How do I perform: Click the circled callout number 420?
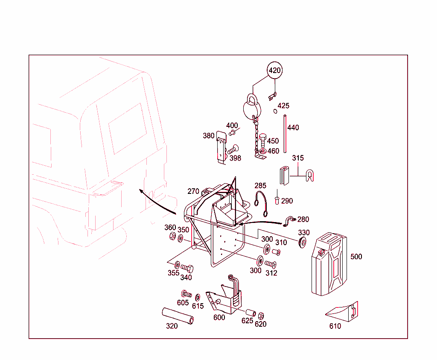tap(275, 70)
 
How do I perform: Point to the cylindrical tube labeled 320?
tap(178, 316)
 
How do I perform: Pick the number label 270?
tap(193, 191)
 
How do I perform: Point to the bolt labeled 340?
tap(187, 268)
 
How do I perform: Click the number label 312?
tap(271, 273)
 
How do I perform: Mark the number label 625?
tap(247, 321)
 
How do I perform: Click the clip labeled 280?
tap(290, 221)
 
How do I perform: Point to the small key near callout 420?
tap(272, 97)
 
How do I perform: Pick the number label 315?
tap(298, 158)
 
